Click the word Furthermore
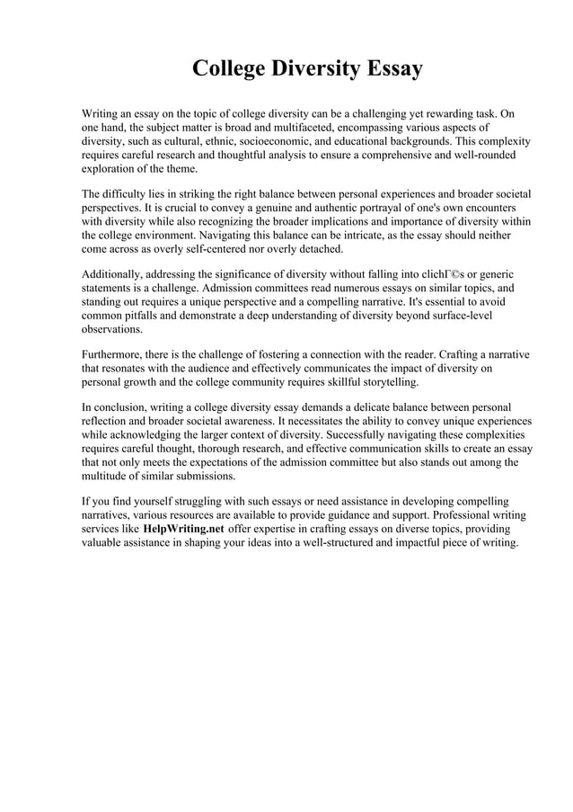click(x=115, y=354)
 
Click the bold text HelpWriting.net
click(x=183, y=529)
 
